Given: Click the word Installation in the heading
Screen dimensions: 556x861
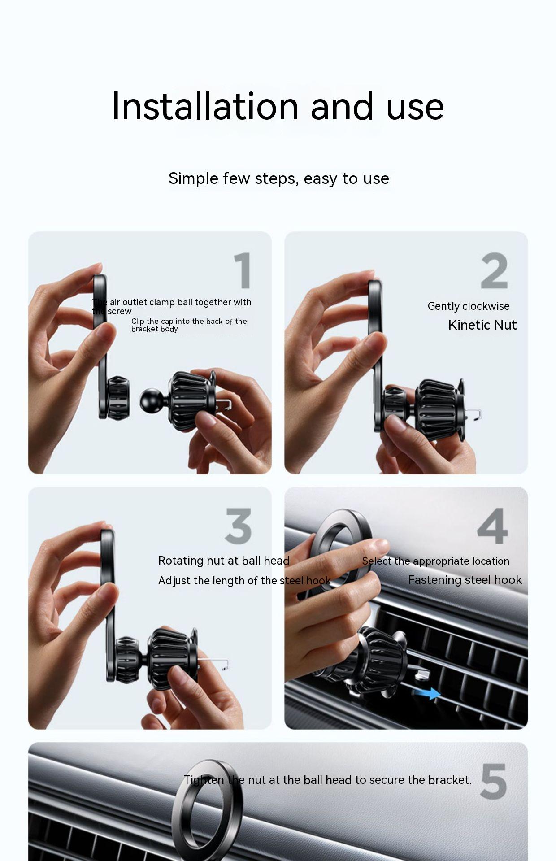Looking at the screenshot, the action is tap(205, 106).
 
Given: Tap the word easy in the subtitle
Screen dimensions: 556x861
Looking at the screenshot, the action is tap(321, 179).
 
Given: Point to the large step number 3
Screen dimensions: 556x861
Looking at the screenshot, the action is tap(238, 526).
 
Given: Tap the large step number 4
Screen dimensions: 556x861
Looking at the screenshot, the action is tap(493, 526).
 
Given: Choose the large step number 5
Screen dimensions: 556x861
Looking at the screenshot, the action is tap(493, 781).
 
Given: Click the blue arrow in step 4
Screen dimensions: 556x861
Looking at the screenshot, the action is tap(426, 693).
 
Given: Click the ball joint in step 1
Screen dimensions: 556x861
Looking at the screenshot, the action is tap(149, 401).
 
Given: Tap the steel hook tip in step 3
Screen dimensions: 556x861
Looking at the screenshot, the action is tap(227, 664).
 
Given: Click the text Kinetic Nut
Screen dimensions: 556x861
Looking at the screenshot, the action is tap(482, 325).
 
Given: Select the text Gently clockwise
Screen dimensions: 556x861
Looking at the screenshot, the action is tap(469, 306).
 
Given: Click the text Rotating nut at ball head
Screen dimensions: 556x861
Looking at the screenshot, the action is tap(224, 561).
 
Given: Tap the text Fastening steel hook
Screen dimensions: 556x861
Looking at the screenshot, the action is tap(465, 580).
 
